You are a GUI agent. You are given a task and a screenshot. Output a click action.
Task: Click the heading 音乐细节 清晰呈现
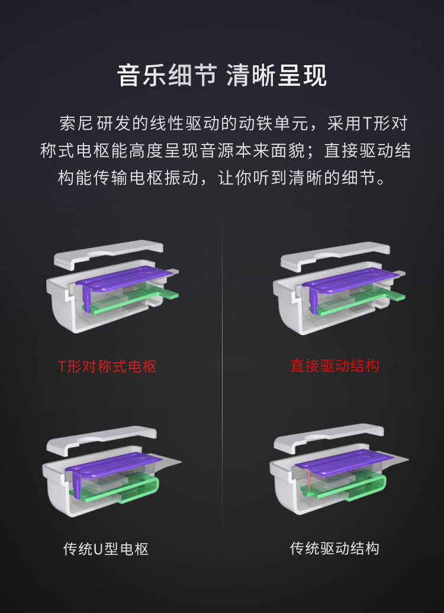pos(221,75)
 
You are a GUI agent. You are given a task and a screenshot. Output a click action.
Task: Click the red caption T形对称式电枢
pos(108,367)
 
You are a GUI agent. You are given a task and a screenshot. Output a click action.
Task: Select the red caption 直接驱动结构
pos(334,366)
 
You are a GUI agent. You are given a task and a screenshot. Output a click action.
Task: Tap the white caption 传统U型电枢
pos(106,549)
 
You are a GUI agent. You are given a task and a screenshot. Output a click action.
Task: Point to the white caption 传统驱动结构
pos(334,548)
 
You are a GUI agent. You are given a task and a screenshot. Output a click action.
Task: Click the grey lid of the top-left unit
pos(108,253)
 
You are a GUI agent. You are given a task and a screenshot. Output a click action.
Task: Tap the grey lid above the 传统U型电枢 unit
pos(102,439)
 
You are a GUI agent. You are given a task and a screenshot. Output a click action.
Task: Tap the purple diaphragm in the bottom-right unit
pos(344,461)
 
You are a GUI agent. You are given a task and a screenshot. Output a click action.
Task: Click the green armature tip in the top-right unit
pos(395,297)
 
